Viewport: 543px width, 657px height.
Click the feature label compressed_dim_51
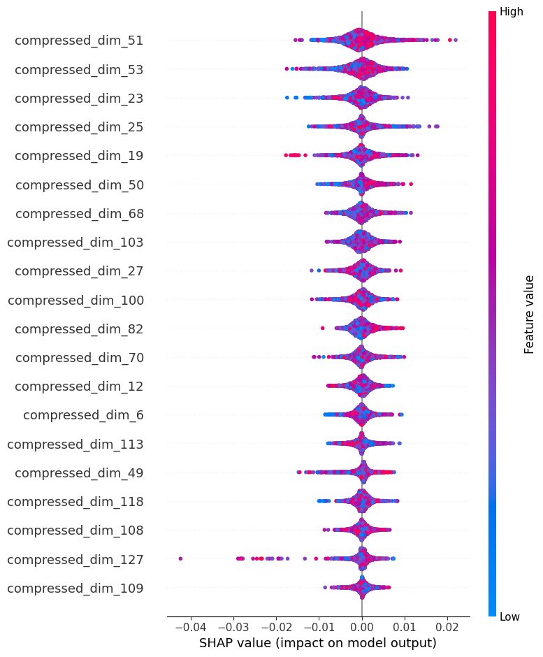(79, 41)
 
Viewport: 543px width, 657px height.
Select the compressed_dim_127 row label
(75, 559)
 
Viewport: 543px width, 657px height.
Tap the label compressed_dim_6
(83, 415)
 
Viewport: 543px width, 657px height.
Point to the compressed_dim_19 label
(79, 156)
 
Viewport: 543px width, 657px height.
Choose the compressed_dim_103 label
(75, 243)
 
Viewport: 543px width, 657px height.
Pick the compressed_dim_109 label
(75, 588)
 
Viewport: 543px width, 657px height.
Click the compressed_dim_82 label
(79, 328)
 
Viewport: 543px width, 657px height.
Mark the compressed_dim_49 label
(79, 472)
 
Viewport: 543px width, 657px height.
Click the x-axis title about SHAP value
(318, 642)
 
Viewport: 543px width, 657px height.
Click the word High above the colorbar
(510, 12)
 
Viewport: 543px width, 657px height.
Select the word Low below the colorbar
(509, 616)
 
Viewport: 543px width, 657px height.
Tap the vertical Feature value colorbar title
(529, 314)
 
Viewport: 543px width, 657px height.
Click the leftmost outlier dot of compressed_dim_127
(180, 558)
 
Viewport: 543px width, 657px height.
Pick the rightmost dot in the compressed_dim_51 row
(456, 40)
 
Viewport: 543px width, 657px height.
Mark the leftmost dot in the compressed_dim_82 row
(322, 328)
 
